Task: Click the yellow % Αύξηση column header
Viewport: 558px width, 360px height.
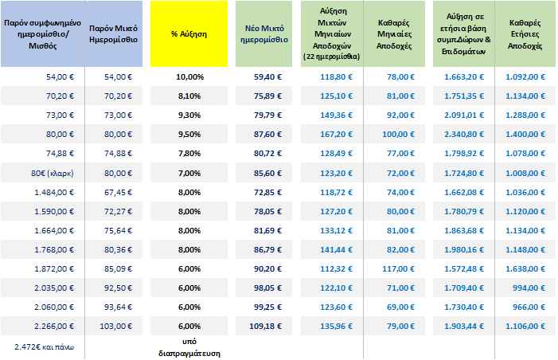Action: pyautogui.click(x=189, y=37)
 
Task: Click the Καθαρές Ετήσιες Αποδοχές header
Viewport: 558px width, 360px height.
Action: pyautogui.click(x=525, y=37)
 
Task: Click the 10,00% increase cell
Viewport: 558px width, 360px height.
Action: pyautogui.click(x=189, y=76)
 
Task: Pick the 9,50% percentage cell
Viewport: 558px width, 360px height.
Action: pyautogui.click(x=189, y=135)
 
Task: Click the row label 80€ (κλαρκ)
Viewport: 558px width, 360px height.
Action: pyautogui.click(x=53, y=173)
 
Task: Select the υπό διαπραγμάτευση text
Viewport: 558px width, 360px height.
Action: pyautogui.click(x=189, y=347)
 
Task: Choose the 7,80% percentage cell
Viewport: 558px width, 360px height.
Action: pyautogui.click(x=189, y=154)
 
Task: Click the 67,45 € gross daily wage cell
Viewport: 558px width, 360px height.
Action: pyautogui.click(x=119, y=193)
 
